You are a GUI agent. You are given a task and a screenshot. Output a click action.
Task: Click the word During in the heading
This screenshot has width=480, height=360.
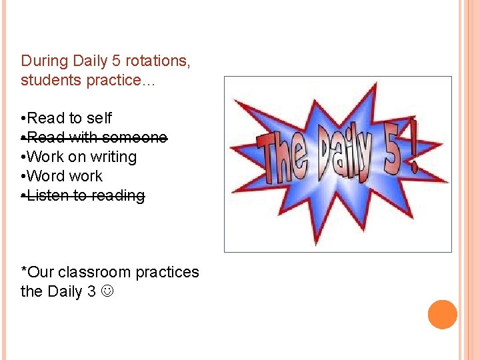click(x=44, y=61)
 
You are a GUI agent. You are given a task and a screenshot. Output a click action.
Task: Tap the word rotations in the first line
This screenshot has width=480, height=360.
click(x=157, y=61)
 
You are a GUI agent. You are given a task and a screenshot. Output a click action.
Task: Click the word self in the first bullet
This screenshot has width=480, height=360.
click(x=99, y=119)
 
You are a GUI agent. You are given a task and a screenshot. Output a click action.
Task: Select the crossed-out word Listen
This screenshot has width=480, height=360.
click(x=47, y=196)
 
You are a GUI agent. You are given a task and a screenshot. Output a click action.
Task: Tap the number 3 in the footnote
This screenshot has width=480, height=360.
click(x=91, y=292)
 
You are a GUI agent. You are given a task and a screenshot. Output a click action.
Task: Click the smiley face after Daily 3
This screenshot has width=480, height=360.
click(x=107, y=292)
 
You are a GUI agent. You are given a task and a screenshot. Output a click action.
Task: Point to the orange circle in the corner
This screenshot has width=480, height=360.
click(x=442, y=315)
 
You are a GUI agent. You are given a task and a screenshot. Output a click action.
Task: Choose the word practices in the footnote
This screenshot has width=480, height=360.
click(x=167, y=273)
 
